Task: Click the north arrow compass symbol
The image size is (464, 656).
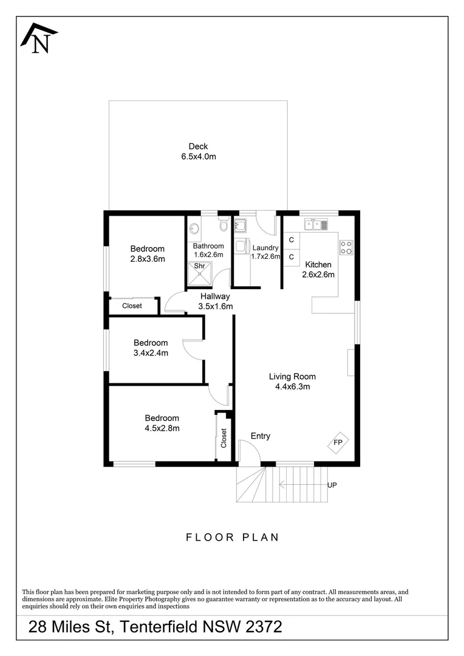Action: (x=39, y=38)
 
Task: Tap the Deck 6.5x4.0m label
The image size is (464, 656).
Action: (x=199, y=151)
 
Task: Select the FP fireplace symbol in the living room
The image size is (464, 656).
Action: (x=338, y=442)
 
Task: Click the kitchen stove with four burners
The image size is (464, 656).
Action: (x=346, y=247)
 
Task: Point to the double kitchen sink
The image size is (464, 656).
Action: (x=316, y=225)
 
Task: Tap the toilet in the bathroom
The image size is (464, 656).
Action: (x=223, y=225)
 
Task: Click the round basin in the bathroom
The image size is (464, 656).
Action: (x=194, y=229)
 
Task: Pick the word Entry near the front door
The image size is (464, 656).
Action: (x=261, y=436)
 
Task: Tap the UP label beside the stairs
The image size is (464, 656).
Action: (x=332, y=485)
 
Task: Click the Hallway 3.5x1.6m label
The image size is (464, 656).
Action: (x=215, y=301)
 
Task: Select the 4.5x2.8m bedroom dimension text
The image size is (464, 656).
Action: (x=162, y=428)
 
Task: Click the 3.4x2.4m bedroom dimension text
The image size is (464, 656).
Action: (x=151, y=353)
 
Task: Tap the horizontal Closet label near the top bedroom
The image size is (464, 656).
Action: (x=132, y=306)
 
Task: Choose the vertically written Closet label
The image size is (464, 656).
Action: (x=223, y=437)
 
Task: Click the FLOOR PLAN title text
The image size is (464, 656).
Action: (x=232, y=537)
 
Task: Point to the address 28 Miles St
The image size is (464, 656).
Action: (x=70, y=627)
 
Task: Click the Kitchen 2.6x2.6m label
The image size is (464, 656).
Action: (x=318, y=270)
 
